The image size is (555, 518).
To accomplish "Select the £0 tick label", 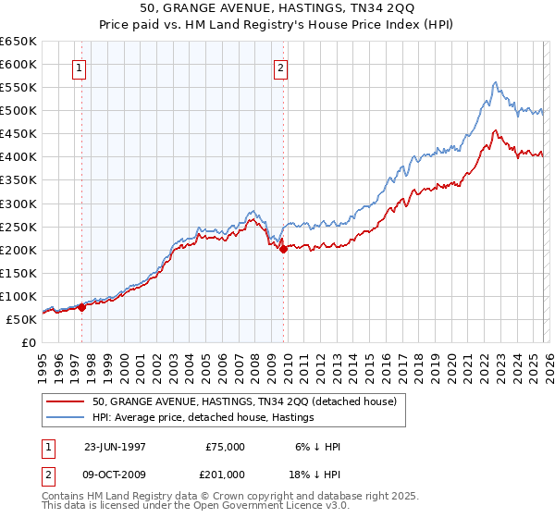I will point(29,343).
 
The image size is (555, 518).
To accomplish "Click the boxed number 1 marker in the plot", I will point(80,68).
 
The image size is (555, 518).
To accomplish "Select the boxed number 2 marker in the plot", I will point(280,68).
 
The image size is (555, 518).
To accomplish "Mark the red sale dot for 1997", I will point(81,308).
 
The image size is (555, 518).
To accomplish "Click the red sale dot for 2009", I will point(282,249).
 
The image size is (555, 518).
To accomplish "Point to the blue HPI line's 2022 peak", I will point(496,82).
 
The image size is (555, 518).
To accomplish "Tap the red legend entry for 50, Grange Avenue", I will point(244,401).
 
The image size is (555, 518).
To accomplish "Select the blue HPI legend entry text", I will point(203,417).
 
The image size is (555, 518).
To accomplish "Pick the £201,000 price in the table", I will point(225,473).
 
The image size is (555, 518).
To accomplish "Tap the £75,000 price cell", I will point(225,447).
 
